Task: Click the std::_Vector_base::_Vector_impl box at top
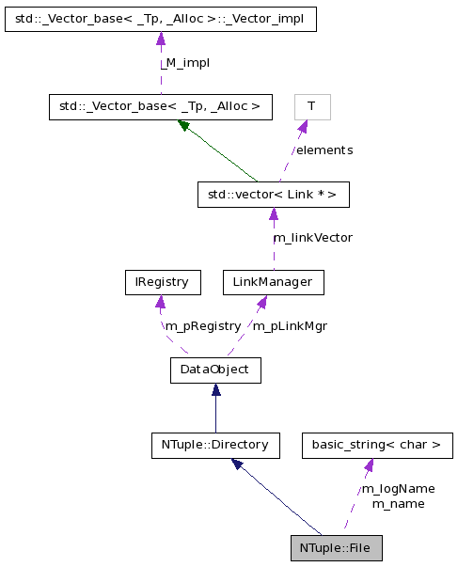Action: pos(160,19)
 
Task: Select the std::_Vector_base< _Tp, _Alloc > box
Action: pos(160,106)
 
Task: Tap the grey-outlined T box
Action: pos(311,106)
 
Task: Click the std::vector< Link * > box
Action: pos(273,195)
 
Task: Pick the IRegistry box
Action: pos(161,281)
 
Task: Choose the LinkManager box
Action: pos(273,281)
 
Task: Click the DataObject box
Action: pos(214,370)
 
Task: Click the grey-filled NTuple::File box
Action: pos(336,547)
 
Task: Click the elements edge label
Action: pos(324,150)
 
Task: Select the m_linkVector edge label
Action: pos(312,238)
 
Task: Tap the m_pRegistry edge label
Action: pos(202,325)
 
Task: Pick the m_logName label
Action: pos(398,488)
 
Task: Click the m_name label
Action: pos(398,503)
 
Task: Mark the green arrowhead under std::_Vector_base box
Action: pos(184,126)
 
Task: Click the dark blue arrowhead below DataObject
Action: pos(215,389)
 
